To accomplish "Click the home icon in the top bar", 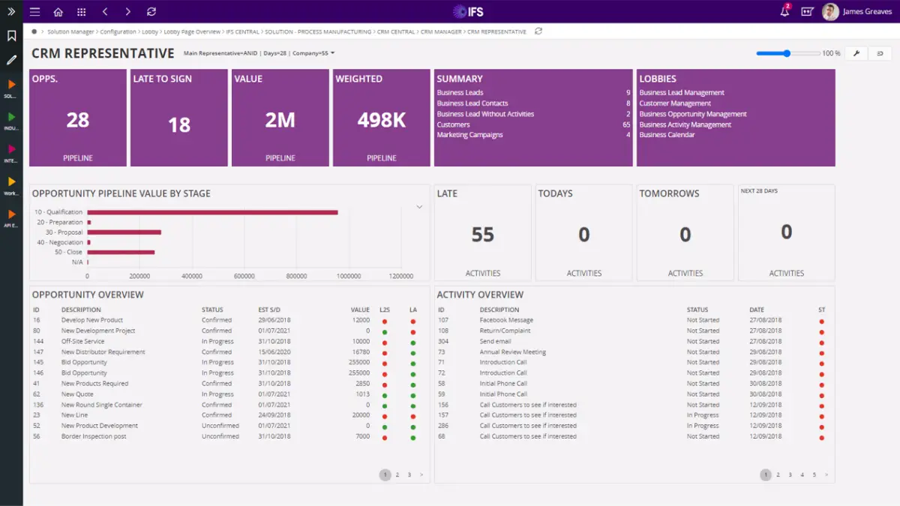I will tap(58, 12).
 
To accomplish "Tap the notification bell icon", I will tap(784, 12).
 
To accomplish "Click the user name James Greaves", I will tap(867, 12).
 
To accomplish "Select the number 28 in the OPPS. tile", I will tap(78, 120).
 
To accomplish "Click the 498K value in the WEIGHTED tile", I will tap(381, 120).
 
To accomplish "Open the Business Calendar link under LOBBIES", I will tap(667, 135).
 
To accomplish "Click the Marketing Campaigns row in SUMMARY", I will tap(470, 135).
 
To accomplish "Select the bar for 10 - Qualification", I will tap(212, 212).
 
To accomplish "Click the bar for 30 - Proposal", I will tap(124, 232).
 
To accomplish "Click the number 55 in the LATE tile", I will tap(482, 235).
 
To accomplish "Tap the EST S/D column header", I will tap(269, 310).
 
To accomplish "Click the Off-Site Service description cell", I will tap(82, 341).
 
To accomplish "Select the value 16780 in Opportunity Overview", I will tap(360, 352).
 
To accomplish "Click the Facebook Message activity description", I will tap(506, 320).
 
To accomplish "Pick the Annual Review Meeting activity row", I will tap(512, 352).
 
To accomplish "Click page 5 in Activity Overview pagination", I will tap(814, 475).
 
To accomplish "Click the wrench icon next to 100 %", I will tap(856, 53).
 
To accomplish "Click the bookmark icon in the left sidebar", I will tap(11, 36).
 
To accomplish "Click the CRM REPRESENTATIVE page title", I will tap(103, 53).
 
